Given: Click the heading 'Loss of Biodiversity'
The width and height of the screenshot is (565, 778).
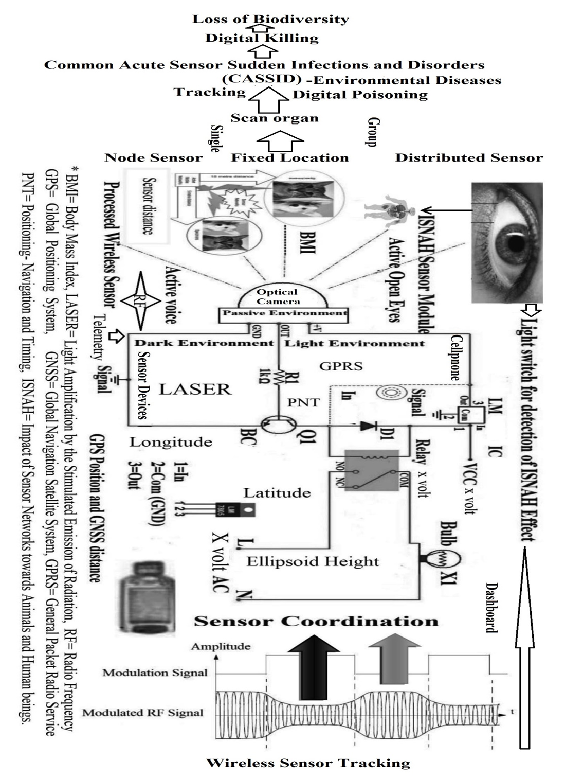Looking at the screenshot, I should tap(270, 20).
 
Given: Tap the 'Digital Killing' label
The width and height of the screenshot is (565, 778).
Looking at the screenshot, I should tap(262, 38).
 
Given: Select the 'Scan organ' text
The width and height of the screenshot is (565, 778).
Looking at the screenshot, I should tap(275, 118).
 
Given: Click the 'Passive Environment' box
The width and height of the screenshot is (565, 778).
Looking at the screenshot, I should tap(284, 313).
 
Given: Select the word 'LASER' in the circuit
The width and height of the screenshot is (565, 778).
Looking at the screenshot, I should tap(195, 389).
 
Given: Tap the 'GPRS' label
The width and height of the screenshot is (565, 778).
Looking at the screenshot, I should tap(341, 366).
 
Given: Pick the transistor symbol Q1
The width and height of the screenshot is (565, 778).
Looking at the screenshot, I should tap(278, 425).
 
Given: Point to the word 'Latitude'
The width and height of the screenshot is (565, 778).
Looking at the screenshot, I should tap(277, 493).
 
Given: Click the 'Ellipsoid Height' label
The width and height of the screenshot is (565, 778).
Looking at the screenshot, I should tap(313, 561).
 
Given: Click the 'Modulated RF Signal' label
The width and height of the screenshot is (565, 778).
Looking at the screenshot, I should tap(143, 713).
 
